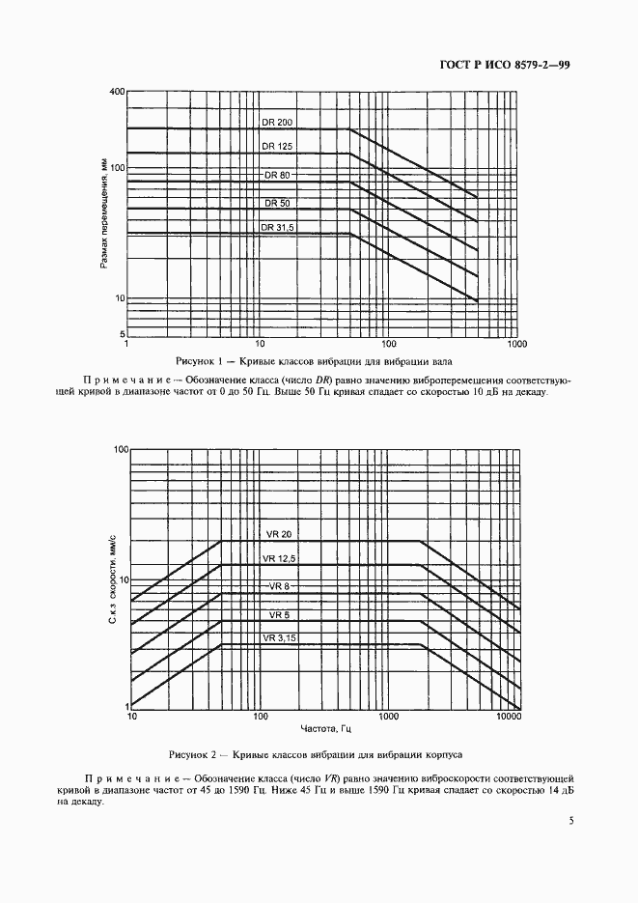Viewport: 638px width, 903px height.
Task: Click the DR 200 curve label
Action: tap(277, 122)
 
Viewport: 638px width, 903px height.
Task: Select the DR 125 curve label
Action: tap(277, 146)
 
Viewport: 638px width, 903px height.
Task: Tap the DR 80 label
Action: tap(277, 175)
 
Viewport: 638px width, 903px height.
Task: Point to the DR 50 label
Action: tap(277, 203)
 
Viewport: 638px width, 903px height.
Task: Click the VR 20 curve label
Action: tap(279, 535)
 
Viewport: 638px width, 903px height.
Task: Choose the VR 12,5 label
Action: tap(279, 559)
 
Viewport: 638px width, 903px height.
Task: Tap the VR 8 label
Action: tap(279, 587)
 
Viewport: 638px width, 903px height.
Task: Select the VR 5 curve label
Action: tap(279, 614)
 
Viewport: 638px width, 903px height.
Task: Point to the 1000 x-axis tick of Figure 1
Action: tap(516, 343)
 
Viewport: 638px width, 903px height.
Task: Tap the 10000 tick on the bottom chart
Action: tap(509, 718)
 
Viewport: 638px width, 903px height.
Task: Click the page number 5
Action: tap(572, 821)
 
